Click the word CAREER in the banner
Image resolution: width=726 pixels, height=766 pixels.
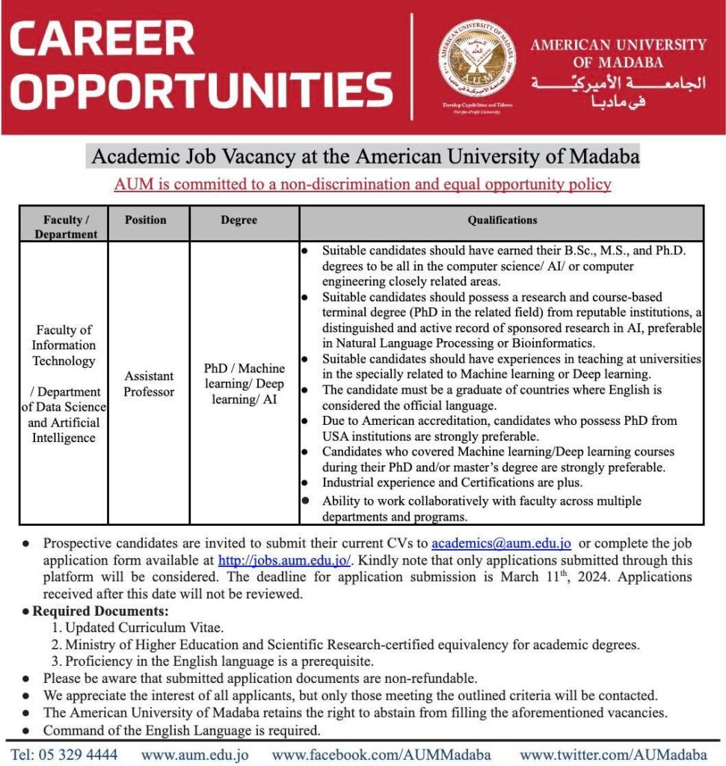pyautogui.click(x=102, y=40)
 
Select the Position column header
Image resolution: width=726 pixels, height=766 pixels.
pyautogui.click(x=146, y=220)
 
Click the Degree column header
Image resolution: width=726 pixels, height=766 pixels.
pyautogui.click(x=239, y=220)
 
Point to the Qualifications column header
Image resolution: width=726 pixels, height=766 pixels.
pyautogui.click(x=502, y=220)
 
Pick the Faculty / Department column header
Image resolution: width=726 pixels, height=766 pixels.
pyautogui.click(x=66, y=227)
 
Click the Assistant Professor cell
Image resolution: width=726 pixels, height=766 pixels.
pyautogui.click(x=149, y=384)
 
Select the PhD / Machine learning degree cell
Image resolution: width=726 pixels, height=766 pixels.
pyautogui.click(x=244, y=384)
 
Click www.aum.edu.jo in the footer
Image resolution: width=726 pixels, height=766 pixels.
pyautogui.click(x=194, y=754)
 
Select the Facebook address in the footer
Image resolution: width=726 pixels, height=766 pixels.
pyautogui.click(x=381, y=754)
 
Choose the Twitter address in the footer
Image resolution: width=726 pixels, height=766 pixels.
pyautogui.click(x=613, y=754)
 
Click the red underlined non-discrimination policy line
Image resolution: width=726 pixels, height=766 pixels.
pyautogui.click(x=363, y=184)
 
